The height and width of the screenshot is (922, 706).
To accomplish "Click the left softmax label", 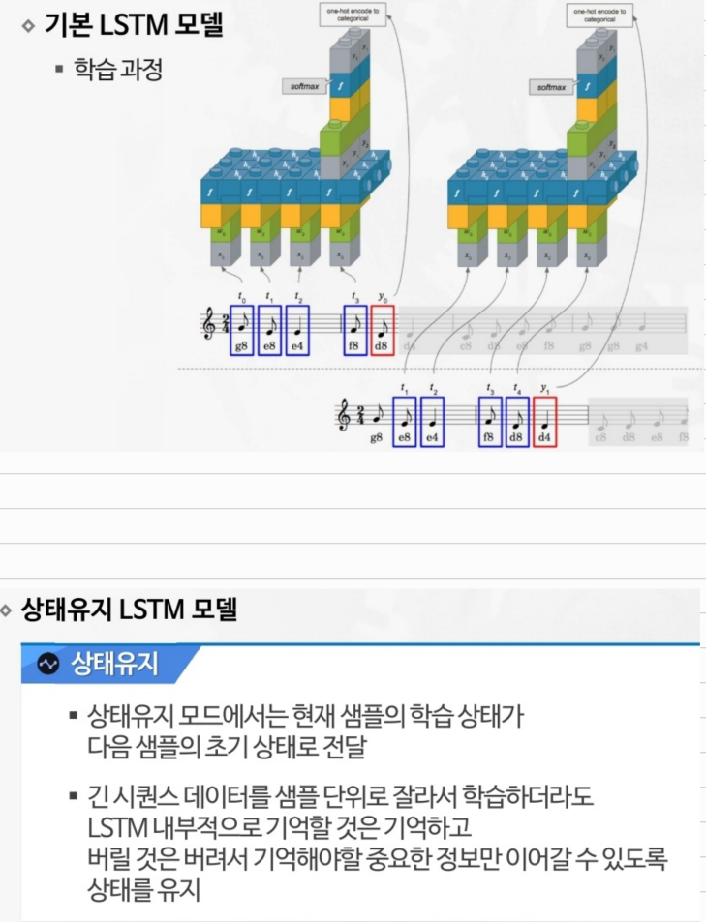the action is [x=299, y=87].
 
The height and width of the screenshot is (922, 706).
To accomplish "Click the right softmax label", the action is [x=547, y=87].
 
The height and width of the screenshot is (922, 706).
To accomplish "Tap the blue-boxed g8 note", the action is [x=242, y=330].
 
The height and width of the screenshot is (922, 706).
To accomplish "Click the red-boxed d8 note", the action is [x=383, y=330].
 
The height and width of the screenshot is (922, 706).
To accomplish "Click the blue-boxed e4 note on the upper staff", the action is [x=297, y=330].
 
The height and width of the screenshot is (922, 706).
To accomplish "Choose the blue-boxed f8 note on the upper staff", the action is [x=354, y=330].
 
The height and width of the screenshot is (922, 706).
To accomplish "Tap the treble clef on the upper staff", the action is [x=207, y=326].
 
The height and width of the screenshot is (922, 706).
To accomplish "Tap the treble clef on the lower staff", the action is [x=342, y=416].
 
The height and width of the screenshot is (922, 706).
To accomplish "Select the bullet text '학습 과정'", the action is [x=117, y=70].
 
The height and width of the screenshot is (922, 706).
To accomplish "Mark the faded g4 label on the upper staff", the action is [x=640, y=345].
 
